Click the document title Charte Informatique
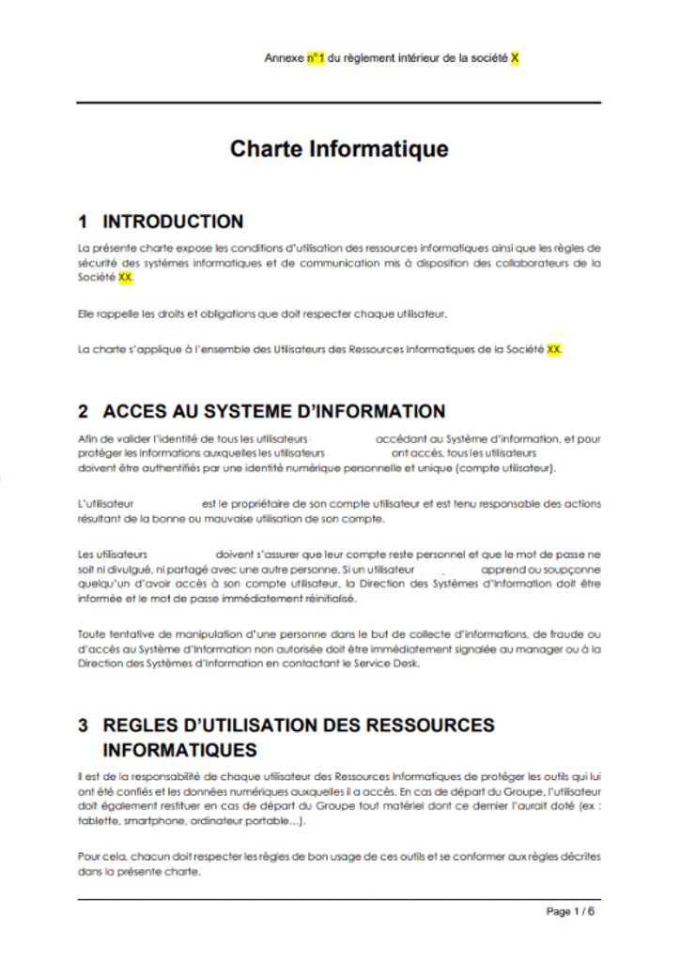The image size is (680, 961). (339, 149)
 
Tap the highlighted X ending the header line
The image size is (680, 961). (515, 58)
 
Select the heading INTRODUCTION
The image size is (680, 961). (173, 222)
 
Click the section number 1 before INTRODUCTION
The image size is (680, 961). (84, 222)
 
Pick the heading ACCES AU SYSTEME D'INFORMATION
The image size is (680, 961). (273, 412)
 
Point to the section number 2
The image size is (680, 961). (84, 412)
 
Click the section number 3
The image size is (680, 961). (84, 725)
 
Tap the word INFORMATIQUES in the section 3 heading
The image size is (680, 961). (179, 751)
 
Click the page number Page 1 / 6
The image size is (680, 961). (570, 911)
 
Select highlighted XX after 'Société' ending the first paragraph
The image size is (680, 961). (126, 279)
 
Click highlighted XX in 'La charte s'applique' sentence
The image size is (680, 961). (554, 349)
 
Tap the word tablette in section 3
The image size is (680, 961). (98, 819)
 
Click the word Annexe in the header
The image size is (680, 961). (285, 58)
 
